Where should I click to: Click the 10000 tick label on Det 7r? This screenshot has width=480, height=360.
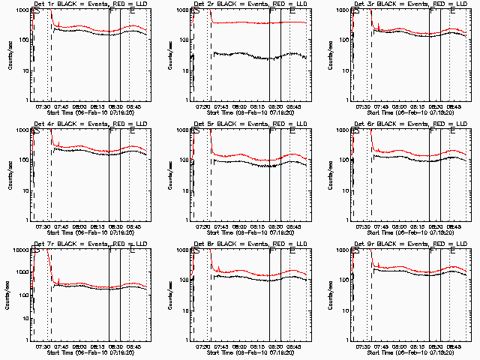click(18, 250)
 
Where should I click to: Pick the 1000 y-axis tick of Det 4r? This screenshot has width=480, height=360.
click(20, 130)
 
